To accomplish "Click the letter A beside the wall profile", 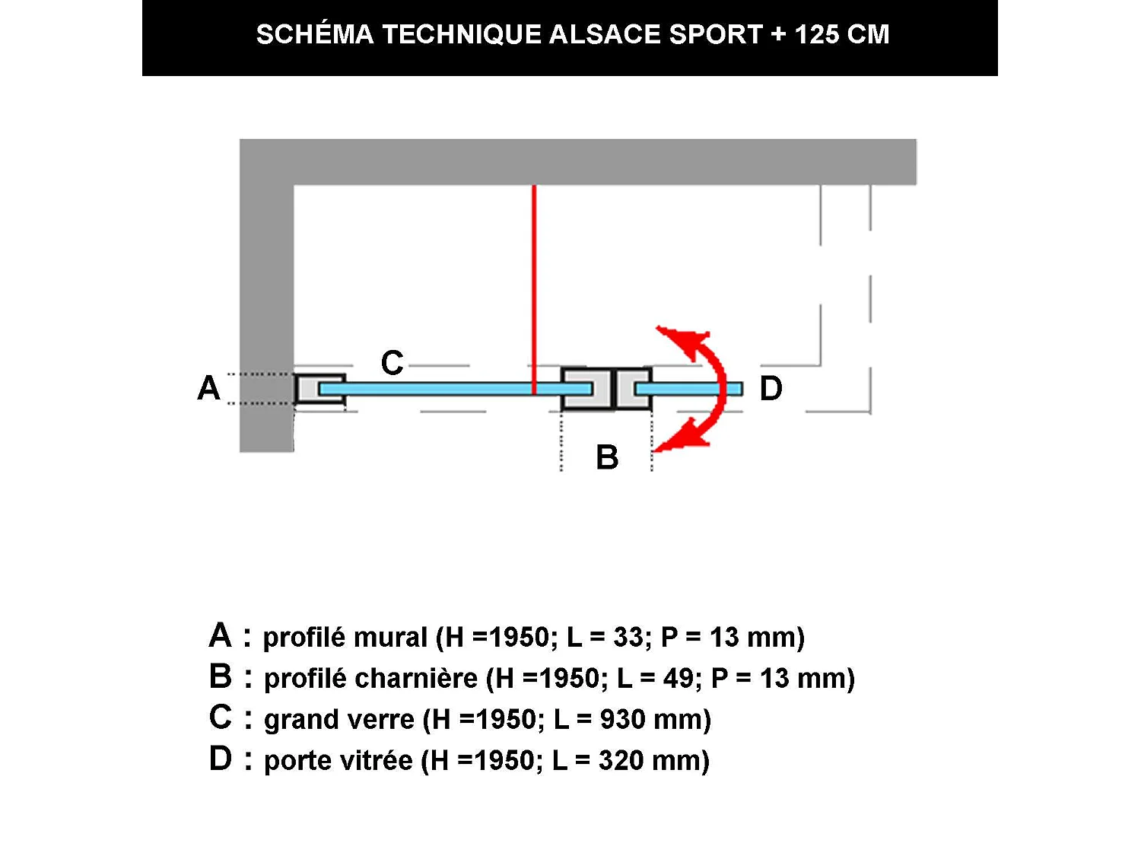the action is pos(208,388).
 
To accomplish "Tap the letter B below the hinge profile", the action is pos(607,457).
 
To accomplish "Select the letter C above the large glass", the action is pos(393,363).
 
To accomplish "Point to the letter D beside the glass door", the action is pos(771,389).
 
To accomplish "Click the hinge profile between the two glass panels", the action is pos(606,389).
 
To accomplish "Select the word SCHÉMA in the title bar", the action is pos(315,35).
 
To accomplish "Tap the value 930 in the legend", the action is pos(622,719).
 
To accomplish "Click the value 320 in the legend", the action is pos(621,760).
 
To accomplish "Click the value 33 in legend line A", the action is pos(628,637).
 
